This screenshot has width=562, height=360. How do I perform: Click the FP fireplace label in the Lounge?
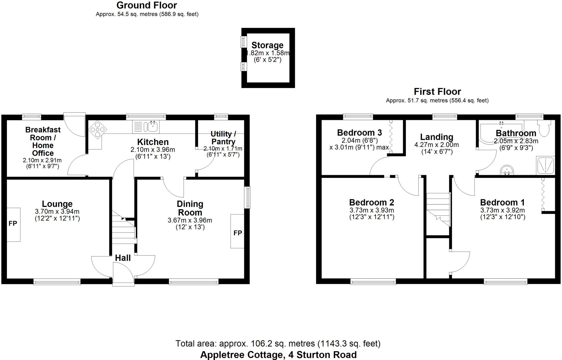pos(13,224)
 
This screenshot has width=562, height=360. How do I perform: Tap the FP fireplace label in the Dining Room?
pos(238,233)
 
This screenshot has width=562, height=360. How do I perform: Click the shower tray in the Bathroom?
pos(546,166)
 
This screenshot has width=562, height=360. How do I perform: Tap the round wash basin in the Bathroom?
pos(507,170)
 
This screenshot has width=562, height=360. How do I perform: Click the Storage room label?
pos(267,45)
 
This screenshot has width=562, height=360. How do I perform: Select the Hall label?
pos(123,258)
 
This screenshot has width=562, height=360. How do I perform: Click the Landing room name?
pos(437,137)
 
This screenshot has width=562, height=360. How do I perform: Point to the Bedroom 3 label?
pos(359,133)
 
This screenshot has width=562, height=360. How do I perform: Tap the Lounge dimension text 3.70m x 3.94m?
pos(57,212)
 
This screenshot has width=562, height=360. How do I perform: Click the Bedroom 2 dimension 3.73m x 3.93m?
pos(372,210)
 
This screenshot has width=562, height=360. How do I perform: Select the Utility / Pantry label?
pos(223,138)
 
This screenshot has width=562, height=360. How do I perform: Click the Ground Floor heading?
pos(147,5)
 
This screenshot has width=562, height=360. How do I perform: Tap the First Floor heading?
pos(437,92)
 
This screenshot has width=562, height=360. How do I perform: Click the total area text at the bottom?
pos(278,344)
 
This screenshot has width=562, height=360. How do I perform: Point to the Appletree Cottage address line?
pos(278,355)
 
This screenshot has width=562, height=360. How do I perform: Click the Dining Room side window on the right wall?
pos(248,197)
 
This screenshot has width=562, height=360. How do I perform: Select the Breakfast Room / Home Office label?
pos(43,141)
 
